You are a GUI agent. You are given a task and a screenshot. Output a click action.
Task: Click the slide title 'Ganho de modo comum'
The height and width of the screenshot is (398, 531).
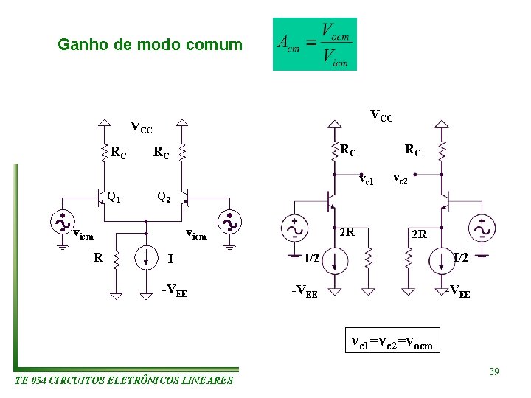(150, 45)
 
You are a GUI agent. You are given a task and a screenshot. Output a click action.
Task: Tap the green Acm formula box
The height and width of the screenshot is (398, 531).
(314, 44)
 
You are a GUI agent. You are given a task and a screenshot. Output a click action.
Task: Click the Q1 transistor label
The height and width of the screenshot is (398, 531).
(114, 197)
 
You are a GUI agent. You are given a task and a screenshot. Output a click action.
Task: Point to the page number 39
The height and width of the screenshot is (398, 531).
(493, 371)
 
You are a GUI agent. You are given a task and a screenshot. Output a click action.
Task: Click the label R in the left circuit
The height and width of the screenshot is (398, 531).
(97, 257)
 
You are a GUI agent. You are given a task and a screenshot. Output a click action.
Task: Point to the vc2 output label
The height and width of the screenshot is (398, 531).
(400, 178)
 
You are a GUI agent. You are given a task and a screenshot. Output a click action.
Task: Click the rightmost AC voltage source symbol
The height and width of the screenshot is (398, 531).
(483, 230)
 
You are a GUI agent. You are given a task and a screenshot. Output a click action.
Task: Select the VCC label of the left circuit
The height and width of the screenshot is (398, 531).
(142, 128)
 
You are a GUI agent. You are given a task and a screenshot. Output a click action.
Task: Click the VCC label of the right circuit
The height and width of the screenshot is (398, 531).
(381, 116)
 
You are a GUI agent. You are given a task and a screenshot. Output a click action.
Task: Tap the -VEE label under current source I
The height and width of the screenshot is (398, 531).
(174, 290)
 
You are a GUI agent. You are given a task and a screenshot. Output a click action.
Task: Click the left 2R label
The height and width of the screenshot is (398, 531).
(347, 233)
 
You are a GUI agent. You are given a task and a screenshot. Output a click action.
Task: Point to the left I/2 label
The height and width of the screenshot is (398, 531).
(312, 258)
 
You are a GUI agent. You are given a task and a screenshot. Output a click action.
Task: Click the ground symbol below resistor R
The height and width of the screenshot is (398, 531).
(114, 296)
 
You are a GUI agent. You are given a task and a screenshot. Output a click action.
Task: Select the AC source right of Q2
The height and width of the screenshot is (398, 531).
(230, 222)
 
